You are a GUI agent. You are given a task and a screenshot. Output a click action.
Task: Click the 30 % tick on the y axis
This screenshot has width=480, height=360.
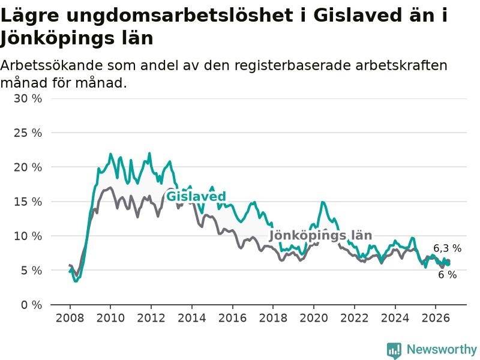[x=28, y=98]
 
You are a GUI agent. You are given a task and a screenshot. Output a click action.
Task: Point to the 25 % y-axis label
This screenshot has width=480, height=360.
[x=28, y=133]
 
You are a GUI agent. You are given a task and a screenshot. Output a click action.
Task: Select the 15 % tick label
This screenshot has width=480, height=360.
[x=28, y=202]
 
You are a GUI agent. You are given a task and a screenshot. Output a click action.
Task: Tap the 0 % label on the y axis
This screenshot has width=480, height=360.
[x=32, y=305]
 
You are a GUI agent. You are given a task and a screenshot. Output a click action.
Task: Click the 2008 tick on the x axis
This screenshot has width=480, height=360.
[x=70, y=318]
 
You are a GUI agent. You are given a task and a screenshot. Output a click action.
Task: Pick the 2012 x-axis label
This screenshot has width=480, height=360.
[x=151, y=318]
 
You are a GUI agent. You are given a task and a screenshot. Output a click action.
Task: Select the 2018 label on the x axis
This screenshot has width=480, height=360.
[x=273, y=318]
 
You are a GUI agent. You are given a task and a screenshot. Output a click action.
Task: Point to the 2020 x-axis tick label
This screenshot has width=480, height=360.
[x=314, y=318]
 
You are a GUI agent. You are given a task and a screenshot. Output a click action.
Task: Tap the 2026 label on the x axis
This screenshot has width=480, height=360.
[x=436, y=318]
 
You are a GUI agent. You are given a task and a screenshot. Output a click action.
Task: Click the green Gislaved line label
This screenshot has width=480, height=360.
[x=196, y=196]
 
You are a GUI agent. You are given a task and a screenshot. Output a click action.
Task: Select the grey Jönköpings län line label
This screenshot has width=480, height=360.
[x=320, y=235]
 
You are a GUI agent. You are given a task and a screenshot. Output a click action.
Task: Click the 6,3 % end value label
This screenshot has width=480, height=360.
[x=447, y=248]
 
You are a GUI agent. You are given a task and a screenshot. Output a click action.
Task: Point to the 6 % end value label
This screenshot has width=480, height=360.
[x=447, y=275]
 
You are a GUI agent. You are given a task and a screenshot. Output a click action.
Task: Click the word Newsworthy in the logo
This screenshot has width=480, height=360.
[x=442, y=349]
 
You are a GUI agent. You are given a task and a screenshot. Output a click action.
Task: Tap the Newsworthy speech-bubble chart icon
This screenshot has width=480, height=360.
[x=394, y=350]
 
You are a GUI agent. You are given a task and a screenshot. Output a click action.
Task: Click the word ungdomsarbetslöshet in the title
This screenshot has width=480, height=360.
[x=179, y=16]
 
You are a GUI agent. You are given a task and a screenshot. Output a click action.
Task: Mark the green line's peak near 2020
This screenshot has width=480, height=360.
[x=322, y=202]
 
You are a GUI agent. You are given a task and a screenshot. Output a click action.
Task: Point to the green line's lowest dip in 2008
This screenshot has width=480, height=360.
[x=76, y=281]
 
